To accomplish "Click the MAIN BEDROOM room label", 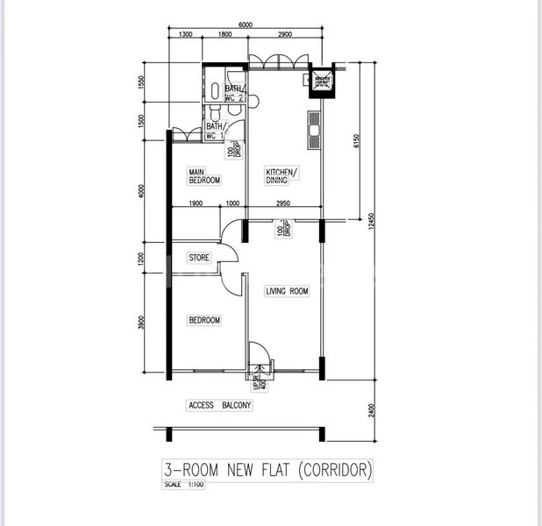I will point(203,176).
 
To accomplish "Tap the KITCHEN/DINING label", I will point(282,176).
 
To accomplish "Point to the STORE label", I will point(199,259).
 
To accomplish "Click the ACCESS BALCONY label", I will point(219,405).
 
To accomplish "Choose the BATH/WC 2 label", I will point(234,93).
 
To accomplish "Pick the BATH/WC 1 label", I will point(215,131).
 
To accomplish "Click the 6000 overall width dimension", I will point(245,25).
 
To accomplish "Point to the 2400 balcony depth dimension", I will point(373,409).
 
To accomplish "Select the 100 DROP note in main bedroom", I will point(234,149).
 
